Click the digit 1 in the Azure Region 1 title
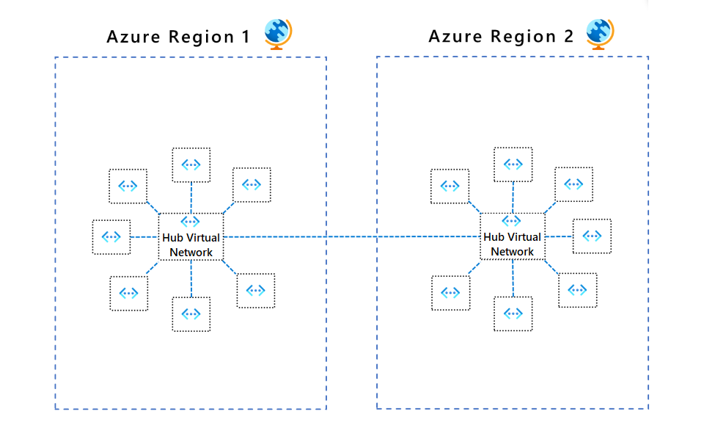click(x=246, y=37)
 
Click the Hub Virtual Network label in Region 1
click(x=191, y=245)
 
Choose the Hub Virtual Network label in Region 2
click(x=513, y=244)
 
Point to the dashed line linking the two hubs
click(x=352, y=236)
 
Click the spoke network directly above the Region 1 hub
click(x=191, y=164)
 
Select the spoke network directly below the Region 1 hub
click(x=191, y=314)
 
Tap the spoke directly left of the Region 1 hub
click(x=111, y=236)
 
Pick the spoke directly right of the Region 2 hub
click(x=592, y=236)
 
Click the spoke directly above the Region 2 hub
click(x=513, y=164)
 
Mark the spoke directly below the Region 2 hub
click(x=513, y=314)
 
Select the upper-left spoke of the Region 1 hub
click(x=128, y=186)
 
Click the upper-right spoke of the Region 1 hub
click(x=252, y=185)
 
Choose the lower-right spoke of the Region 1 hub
click(x=256, y=291)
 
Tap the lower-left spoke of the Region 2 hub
click(x=450, y=293)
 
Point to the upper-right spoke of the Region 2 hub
click(x=573, y=184)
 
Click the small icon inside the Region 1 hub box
click(x=191, y=221)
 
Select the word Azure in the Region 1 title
click(x=133, y=37)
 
